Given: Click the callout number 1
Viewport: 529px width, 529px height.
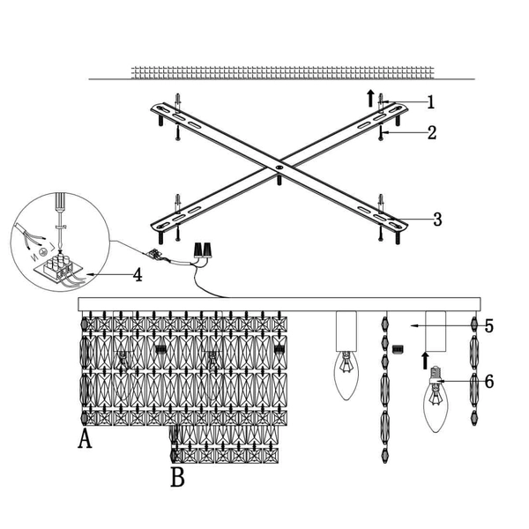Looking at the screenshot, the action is coord(431,102).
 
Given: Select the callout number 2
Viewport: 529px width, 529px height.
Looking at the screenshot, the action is coord(432,132).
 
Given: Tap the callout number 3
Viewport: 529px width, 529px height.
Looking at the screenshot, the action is coord(437,220).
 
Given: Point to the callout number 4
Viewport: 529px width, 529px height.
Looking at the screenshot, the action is coord(138,274).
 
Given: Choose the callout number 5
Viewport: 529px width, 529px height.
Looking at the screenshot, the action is coord(489,326).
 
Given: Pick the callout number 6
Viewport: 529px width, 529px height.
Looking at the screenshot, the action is coord(489,382).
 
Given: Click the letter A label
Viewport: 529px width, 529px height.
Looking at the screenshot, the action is coord(85,438).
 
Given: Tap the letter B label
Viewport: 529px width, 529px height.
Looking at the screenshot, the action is coord(177,476).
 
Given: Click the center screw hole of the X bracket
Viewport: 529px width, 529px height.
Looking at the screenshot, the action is coord(279,167).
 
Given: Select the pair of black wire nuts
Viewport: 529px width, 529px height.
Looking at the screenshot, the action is coord(202,250).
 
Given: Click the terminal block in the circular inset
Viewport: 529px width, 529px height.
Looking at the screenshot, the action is coord(59,267).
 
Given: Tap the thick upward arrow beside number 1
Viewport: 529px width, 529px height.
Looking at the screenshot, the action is coord(371,98).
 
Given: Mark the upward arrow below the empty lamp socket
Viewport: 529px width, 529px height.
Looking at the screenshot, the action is coord(425,361).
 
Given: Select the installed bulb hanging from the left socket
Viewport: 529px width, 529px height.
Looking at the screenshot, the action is coord(346,376).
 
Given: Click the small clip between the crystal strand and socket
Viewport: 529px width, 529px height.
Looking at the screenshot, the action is coord(399,349).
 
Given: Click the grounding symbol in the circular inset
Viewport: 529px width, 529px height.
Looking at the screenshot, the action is coord(43,252).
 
